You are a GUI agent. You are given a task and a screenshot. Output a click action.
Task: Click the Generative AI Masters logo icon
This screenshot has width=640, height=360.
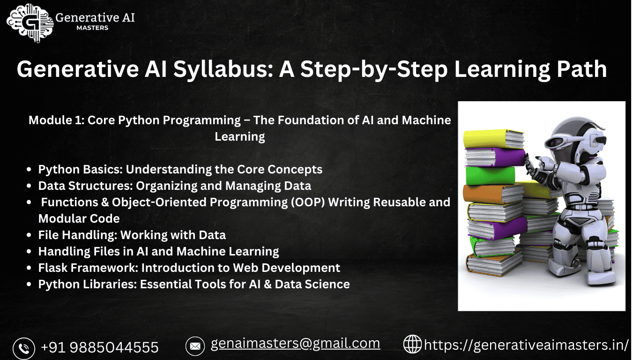(x=29, y=23)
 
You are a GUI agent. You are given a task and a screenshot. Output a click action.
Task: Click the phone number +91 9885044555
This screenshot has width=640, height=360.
(x=100, y=347)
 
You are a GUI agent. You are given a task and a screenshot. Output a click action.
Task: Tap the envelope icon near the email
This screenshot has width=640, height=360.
(x=195, y=346)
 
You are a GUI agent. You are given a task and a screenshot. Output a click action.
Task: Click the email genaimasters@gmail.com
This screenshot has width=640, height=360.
(x=295, y=344)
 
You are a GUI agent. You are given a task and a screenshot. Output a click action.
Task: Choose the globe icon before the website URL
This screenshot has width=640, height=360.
(x=412, y=344)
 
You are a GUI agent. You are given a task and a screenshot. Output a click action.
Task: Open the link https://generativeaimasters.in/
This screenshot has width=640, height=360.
(x=526, y=345)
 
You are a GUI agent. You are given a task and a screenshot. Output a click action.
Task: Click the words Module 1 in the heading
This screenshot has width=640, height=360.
(x=56, y=120)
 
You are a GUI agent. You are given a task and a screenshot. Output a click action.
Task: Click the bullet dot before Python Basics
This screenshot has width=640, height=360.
(x=30, y=170)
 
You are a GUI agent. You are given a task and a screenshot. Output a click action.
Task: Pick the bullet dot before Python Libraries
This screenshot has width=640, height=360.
(x=30, y=285)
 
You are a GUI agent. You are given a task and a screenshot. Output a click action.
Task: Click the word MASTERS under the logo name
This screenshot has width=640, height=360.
(x=92, y=28)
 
